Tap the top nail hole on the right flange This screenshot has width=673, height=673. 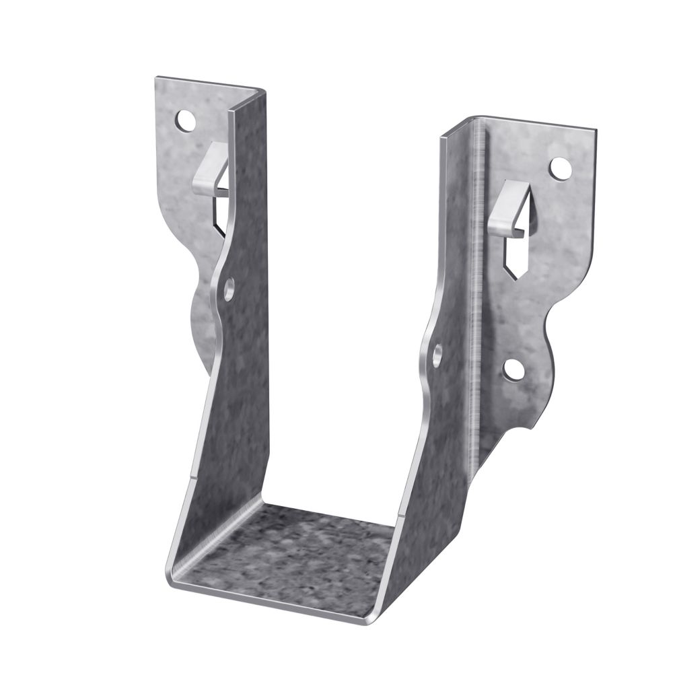click(558, 168)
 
